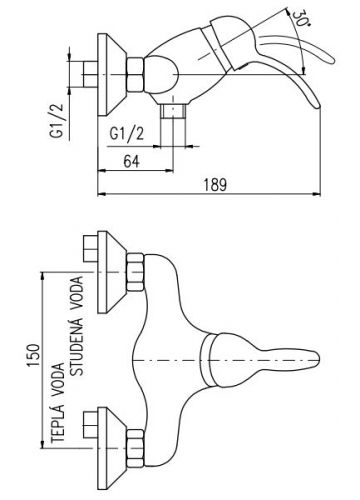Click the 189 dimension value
215,184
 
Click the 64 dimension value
132,162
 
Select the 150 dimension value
34,355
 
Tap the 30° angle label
299,19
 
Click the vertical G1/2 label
57,121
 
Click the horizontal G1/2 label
127,134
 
